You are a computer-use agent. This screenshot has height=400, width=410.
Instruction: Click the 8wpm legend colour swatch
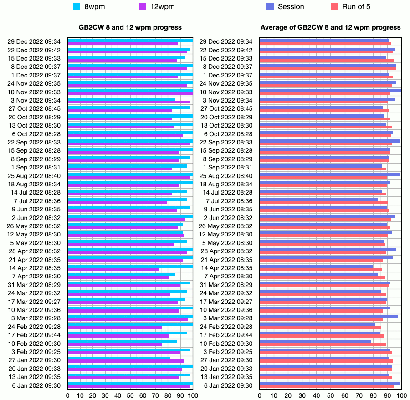tap(77, 6)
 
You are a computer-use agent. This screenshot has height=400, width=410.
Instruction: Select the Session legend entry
tap(270, 6)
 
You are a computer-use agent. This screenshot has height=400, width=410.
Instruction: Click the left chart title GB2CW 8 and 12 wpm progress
tap(130, 27)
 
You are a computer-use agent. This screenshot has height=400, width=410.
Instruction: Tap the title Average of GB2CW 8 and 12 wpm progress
tap(331, 27)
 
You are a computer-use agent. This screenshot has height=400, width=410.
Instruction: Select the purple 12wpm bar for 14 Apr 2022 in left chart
tap(113, 269)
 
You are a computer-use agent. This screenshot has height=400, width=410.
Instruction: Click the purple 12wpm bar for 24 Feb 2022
tap(115, 328)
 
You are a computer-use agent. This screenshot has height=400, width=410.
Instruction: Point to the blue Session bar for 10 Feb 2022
tap(315, 342)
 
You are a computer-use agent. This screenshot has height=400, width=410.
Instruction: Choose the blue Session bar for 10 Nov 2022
tap(330, 91)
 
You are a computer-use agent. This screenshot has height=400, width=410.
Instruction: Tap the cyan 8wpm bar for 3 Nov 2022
tap(122, 99)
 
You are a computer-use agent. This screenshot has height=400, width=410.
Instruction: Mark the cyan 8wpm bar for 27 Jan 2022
tap(119, 358)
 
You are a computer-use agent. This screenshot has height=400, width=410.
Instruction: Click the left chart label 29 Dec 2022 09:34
tap(34, 42)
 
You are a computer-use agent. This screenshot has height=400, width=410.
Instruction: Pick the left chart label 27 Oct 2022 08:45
tap(35, 108)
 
